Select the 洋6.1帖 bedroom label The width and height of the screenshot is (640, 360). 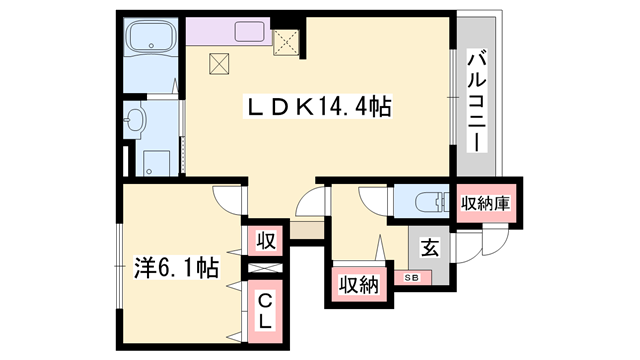(x=177, y=267)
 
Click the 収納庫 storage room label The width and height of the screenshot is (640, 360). (x=487, y=203)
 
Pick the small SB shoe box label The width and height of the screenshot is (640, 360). (x=411, y=276)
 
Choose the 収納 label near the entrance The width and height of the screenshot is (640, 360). (x=358, y=285)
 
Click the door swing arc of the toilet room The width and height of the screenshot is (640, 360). (x=376, y=201)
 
